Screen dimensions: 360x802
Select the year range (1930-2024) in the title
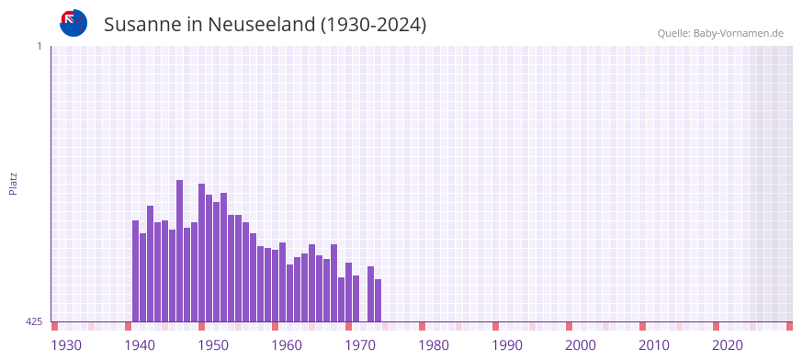click(373, 25)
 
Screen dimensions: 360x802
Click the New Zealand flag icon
click(73, 23)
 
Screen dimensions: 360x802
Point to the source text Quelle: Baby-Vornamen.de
click(719, 34)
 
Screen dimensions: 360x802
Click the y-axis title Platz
click(13, 183)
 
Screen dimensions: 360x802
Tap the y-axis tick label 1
click(39, 46)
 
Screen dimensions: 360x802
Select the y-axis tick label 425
click(34, 321)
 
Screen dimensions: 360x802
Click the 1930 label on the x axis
click(66, 345)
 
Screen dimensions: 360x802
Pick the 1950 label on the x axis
click(213, 345)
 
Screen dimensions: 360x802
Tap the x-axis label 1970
click(360, 345)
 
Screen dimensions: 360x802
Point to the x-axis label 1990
click(507, 345)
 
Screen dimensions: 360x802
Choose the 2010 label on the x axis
click(654, 345)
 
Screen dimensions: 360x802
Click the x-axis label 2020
click(728, 345)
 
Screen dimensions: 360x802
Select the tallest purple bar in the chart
click(179, 251)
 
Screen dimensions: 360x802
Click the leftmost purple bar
click(135, 271)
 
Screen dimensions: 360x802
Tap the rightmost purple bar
click(378, 300)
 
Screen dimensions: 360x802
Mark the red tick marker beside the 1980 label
click(422, 326)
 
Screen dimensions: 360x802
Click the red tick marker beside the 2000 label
click(569, 326)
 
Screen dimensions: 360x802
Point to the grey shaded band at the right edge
click(771, 184)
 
